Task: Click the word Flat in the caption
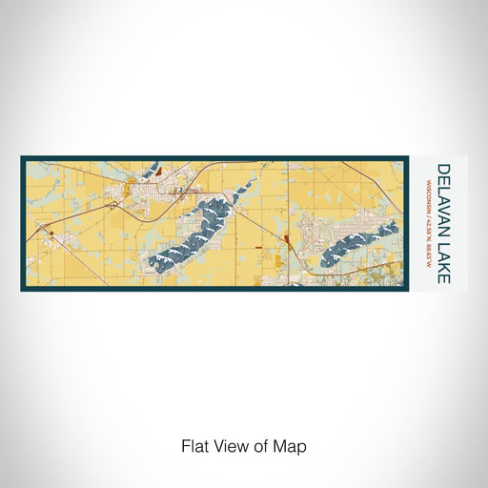[x=193, y=445]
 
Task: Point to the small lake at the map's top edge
[x=151, y=171]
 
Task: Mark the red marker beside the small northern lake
[x=160, y=173]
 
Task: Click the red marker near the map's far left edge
[x=44, y=232]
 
